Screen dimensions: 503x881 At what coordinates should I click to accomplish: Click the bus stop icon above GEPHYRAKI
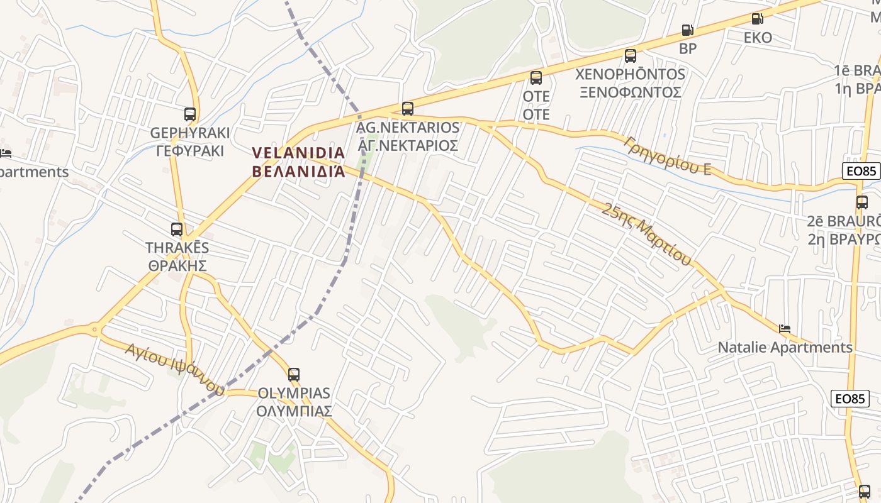pyautogui.click(x=190, y=114)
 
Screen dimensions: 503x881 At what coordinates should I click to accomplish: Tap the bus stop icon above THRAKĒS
pyautogui.click(x=177, y=229)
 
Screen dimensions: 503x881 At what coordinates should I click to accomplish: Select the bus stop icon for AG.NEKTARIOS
pyautogui.click(x=408, y=108)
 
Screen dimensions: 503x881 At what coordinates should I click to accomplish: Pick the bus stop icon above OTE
pyautogui.click(x=536, y=78)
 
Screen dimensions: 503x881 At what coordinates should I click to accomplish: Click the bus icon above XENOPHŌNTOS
pyautogui.click(x=631, y=55)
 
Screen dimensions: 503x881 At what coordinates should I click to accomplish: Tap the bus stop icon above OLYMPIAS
pyautogui.click(x=294, y=375)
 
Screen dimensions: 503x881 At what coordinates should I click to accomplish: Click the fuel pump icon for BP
pyautogui.click(x=688, y=30)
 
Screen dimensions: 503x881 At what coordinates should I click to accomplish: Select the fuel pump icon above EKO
pyautogui.click(x=758, y=19)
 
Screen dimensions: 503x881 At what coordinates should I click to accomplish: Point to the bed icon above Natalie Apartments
pyautogui.click(x=785, y=328)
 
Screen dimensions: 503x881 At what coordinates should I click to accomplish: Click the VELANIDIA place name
pyautogui.click(x=298, y=153)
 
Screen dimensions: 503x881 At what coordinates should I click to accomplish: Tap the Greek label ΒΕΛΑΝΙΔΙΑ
pyautogui.click(x=298, y=170)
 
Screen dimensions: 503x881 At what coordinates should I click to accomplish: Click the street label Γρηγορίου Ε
pyautogui.click(x=668, y=155)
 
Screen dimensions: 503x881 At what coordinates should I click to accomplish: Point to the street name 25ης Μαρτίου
pyautogui.click(x=646, y=234)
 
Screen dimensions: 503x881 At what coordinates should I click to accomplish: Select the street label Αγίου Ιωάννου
pyautogui.click(x=174, y=368)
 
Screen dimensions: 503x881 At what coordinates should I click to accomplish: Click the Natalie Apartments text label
pyautogui.click(x=785, y=347)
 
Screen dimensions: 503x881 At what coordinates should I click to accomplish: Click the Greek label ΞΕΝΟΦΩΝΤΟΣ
pyautogui.click(x=630, y=92)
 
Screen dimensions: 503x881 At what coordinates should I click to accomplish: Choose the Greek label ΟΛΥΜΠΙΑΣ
pyautogui.click(x=294, y=411)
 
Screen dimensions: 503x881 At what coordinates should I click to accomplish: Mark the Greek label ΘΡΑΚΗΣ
pyautogui.click(x=177, y=265)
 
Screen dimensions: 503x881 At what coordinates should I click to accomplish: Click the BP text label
pyautogui.click(x=688, y=48)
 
